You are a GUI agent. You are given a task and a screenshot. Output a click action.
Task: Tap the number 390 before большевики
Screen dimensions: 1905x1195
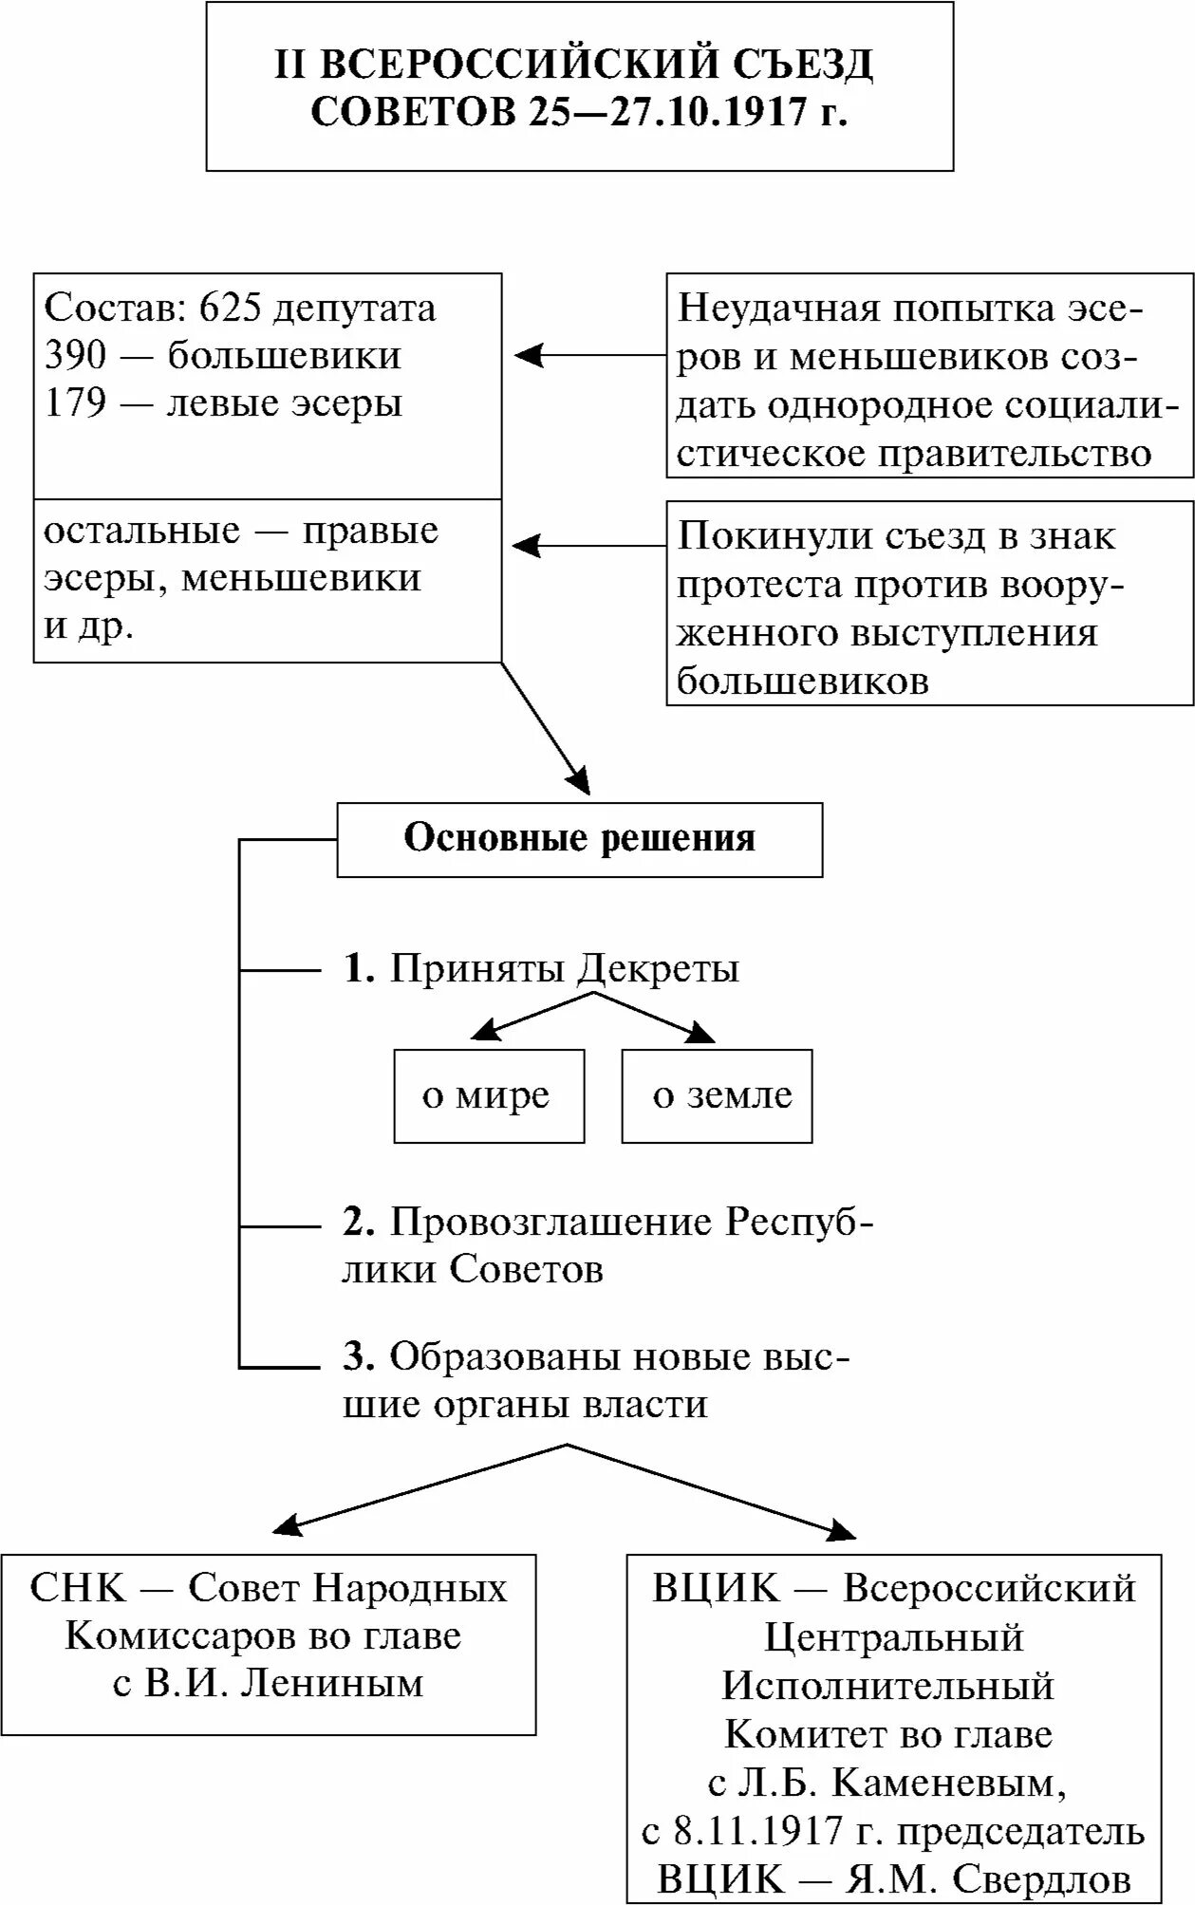[x=75, y=356]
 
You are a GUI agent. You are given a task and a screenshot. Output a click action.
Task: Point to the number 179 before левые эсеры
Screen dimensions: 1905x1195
[x=75, y=403]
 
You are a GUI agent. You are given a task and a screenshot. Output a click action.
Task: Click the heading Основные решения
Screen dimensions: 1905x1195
[x=579, y=839]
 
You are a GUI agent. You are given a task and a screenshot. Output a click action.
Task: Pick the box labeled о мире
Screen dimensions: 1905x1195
[x=488, y=1095]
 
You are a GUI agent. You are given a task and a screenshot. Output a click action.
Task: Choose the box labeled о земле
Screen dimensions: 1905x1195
[x=718, y=1095]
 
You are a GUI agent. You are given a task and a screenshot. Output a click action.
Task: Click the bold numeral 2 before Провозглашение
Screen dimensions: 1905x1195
[x=356, y=1223]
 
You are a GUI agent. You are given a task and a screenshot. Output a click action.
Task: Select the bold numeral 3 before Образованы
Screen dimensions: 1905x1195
[x=356, y=1357]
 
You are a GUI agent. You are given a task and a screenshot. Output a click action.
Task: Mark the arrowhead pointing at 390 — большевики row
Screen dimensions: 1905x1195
[x=526, y=356]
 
